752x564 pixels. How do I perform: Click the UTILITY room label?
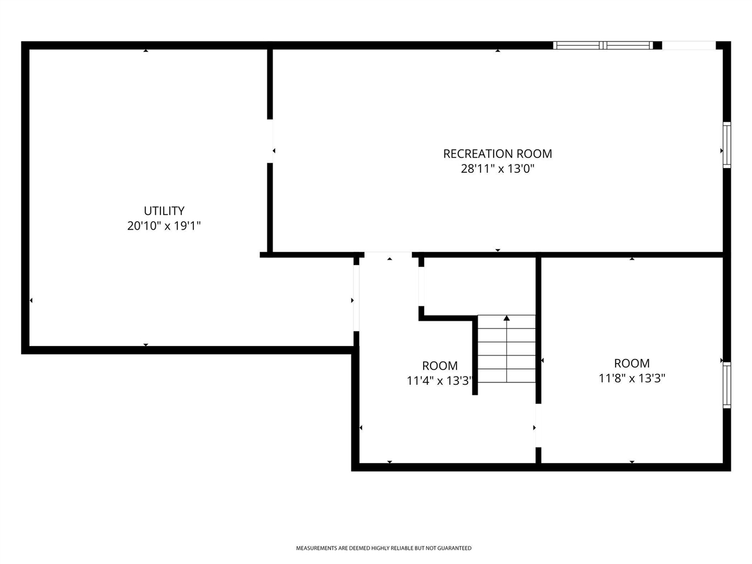(x=164, y=210)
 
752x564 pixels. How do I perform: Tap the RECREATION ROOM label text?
(x=497, y=154)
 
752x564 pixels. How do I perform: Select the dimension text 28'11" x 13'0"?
(x=497, y=169)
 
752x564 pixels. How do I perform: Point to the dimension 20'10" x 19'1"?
(x=164, y=226)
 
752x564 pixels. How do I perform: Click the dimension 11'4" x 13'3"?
(x=439, y=381)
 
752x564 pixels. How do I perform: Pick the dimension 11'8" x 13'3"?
(x=632, y=378)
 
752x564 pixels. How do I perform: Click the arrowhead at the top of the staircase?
(x=506, y=318)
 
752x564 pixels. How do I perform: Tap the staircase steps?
(x=506, y=350)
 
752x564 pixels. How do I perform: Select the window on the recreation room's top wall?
(x=603, y=45)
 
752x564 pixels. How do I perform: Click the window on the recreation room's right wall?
(x=727, y=145)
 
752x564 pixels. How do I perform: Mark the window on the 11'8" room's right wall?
(x=727, y=385)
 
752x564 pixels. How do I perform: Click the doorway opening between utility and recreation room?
(x=270, y=141)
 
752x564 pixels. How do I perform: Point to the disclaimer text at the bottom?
(x=383, y=548)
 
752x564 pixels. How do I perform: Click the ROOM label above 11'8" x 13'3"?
(x=632, y=363)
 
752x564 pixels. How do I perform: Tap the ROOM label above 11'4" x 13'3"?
(x=439, y=366)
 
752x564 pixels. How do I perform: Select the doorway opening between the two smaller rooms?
(x=537, y=426)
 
